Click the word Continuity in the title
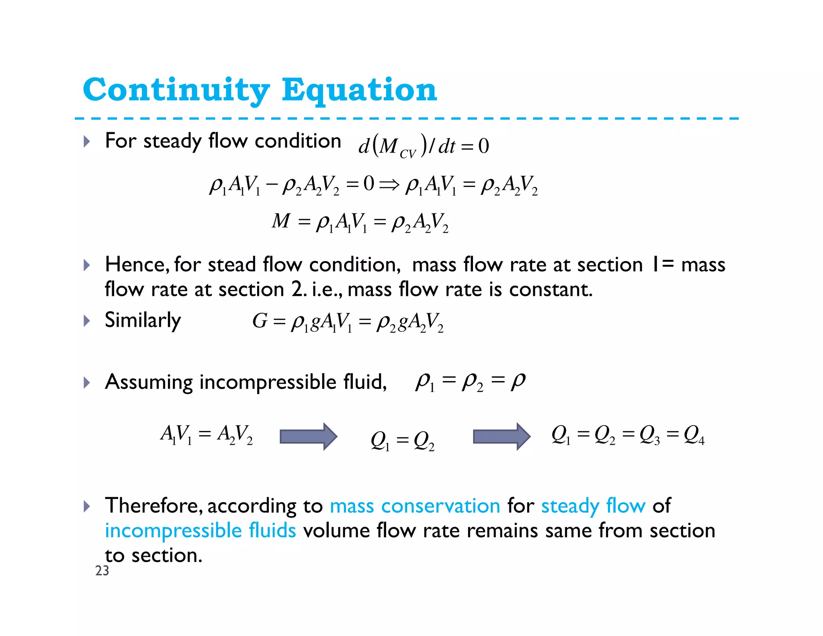176,90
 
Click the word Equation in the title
359,90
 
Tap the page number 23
102,570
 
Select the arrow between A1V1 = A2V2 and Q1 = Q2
308,436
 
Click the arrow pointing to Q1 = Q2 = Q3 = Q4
502,436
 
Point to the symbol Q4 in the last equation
694,435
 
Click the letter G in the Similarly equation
260,321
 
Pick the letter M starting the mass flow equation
280,221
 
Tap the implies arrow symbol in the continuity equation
389,185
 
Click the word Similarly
143,321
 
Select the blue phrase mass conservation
415,506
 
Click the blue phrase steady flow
593,506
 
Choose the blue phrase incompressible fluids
200,531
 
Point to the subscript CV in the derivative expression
407,154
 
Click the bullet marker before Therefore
86,506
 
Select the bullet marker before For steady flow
86,142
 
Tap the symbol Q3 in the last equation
649,435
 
